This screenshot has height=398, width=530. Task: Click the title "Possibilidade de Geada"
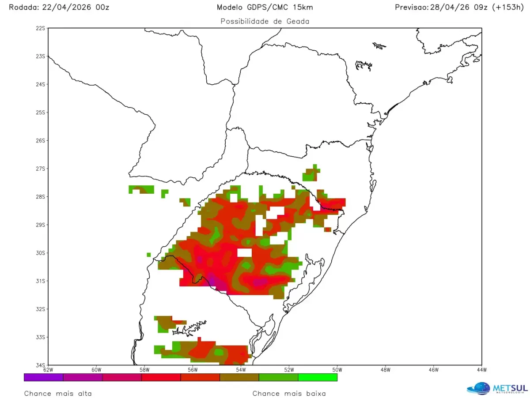265,21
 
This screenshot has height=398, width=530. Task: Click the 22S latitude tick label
41,28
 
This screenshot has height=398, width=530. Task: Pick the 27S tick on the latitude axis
41,169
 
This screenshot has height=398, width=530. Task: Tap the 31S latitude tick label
41,281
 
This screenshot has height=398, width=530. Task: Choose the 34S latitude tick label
41,365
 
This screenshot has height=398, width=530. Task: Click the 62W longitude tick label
48,370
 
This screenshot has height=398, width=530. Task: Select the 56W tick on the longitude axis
193,370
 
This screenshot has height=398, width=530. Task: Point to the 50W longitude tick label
337,370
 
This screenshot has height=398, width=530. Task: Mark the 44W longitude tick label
481,370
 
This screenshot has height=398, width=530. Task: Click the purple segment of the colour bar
43,377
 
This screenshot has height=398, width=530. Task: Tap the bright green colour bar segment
318,377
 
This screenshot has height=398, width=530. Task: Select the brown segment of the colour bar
239,377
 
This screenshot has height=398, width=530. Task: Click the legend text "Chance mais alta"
58,393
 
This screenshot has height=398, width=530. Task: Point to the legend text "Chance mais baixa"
289,393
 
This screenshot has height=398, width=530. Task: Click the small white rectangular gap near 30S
245,252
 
